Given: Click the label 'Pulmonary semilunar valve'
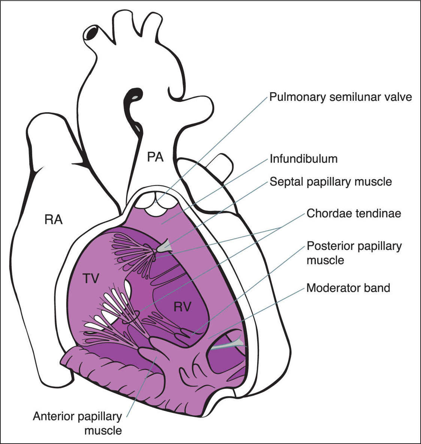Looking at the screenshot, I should coord(340,97).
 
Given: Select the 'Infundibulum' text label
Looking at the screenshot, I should coord(303,159).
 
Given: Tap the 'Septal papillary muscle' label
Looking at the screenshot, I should coord(331,182).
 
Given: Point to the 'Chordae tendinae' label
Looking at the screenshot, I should coord(354,213).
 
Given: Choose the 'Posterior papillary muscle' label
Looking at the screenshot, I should coord(354,253).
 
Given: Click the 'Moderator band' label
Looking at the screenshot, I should coord(348,288).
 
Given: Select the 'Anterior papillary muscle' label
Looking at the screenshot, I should coord(77,423).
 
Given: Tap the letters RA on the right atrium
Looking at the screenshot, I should coord(53,219).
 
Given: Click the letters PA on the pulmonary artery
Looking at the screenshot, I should coord(155,157).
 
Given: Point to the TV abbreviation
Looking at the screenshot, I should coord(91,278).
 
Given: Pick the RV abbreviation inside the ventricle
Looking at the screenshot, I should coord(182,307).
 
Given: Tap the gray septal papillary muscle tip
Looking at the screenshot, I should coord(164,246).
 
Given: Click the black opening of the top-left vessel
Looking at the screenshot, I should coord(91,33).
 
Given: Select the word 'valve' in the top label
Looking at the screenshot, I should coord(398,97).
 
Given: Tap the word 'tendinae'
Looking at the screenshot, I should coord(378,213).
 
